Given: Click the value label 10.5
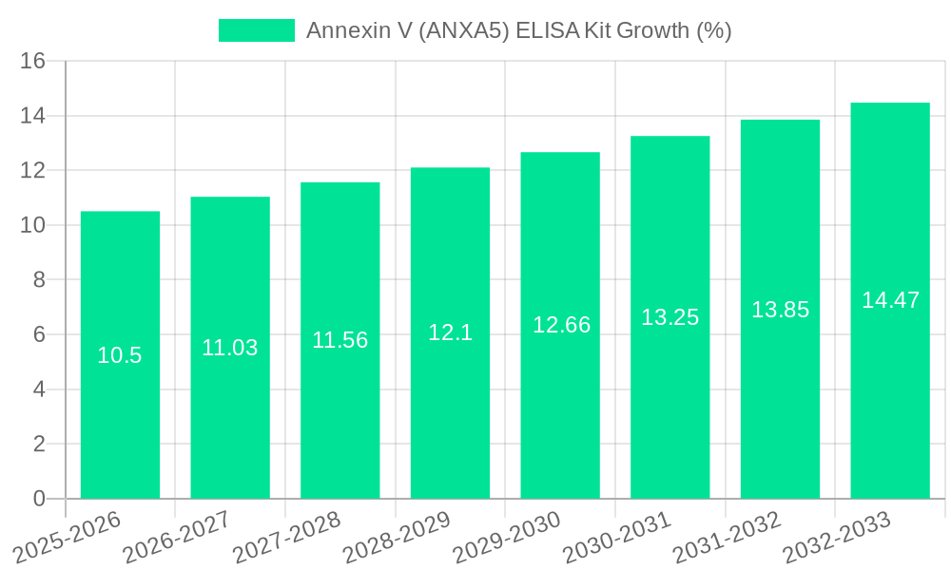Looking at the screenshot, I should pos(120,355).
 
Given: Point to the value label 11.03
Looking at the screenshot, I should pos(229,348).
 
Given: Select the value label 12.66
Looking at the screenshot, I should pos(561,325).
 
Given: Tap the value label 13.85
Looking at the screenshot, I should pos(780,309).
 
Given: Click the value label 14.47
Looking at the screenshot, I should pos(890,300).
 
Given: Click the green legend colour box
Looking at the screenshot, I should pos(257,30).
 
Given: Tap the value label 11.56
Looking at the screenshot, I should pos(340,340).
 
